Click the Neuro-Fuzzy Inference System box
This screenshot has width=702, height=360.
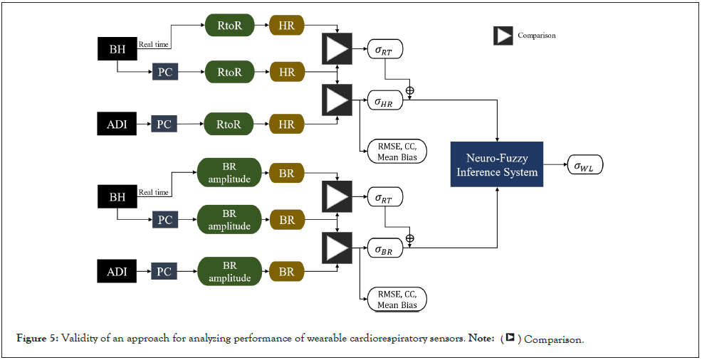tap(497, 164)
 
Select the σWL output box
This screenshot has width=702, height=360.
tap(588, 166)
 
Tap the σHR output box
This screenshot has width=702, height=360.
tap(384, 102)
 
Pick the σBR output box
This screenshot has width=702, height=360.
tap(384, 248)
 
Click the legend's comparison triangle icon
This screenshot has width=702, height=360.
tap(503, 36)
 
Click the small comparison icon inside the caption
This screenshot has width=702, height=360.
tap(510, 339)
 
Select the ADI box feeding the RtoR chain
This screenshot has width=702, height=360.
tap(116, 124)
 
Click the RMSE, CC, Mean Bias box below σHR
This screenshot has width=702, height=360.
tap(397, 151)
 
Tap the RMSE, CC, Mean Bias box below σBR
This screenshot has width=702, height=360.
tap(397, 298)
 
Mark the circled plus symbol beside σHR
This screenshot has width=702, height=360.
tap(409, 90)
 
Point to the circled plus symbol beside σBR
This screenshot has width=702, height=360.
tap(409, 238)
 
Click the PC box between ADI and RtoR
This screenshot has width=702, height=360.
tap(164, 124)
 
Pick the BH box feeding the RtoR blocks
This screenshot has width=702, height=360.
tap(116, 49)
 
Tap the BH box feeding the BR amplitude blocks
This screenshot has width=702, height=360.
tap(116, 196)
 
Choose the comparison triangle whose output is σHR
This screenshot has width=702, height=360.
tap(337, 100)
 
